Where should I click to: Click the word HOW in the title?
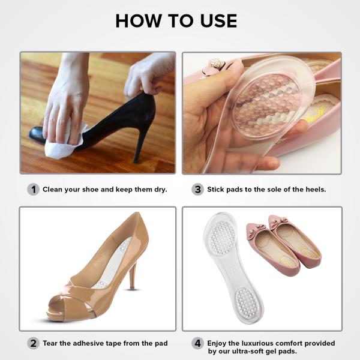tap(139, 21)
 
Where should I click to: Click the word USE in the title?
tap(218, 21)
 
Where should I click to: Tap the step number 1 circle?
tap(33, 190)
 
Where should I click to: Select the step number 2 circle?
tap(33, 343)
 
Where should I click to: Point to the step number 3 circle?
tap(197, 190)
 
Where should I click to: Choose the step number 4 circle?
tap(197, 343)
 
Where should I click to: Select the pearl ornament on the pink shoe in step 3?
tap(216, 63)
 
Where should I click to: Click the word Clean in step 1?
tap(53, 190)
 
